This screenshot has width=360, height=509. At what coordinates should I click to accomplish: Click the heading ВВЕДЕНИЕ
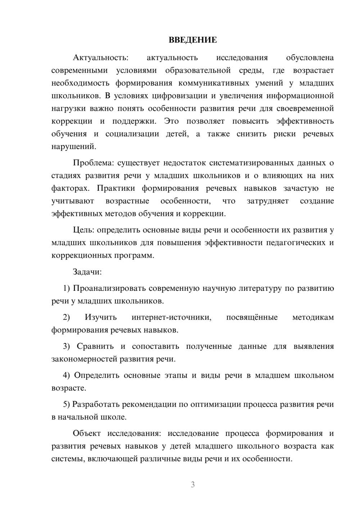[x=193, y=40]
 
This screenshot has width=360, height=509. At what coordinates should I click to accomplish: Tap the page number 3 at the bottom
[x=193, y=485]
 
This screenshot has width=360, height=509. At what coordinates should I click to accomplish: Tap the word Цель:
[x=84, y=230]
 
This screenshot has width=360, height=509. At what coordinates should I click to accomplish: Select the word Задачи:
[x=87, y=272]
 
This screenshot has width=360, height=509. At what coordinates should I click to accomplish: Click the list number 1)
[x=67, y=288]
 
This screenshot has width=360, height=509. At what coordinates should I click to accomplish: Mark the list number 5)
[x=67, y=404]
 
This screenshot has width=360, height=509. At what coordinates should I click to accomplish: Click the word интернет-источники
[x=171, y=317]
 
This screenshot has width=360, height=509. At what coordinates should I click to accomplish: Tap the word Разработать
[x=96, y=404]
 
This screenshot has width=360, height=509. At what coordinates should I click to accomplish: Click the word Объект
[x=87, y=433]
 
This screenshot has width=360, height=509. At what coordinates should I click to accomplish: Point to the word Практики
[x=116, y=188]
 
